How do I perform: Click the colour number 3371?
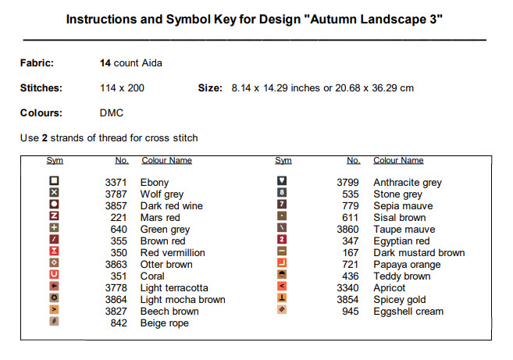coord(116,183)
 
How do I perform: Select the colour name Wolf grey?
coord(162,194)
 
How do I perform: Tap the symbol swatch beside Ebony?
coord(54,181)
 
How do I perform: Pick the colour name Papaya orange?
coord(407,265)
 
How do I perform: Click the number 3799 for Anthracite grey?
coord(347,183)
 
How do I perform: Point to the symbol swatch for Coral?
coord(54,275)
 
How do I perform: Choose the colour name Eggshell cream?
coord(408,312)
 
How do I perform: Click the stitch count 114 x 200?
coord(122,88)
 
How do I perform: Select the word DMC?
coord(112,113)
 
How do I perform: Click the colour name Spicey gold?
coord(399,300)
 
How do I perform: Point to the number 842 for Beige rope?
coord(119,323)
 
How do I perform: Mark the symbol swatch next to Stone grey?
coord(283,193)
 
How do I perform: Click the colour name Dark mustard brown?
coord(419,253)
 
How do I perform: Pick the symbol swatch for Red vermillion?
coord(54,251)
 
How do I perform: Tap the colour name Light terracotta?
coord(174,288)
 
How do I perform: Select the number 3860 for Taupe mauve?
coord(347,230)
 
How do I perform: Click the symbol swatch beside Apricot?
coord(283,287)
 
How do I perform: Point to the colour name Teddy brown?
coord(401,276)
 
